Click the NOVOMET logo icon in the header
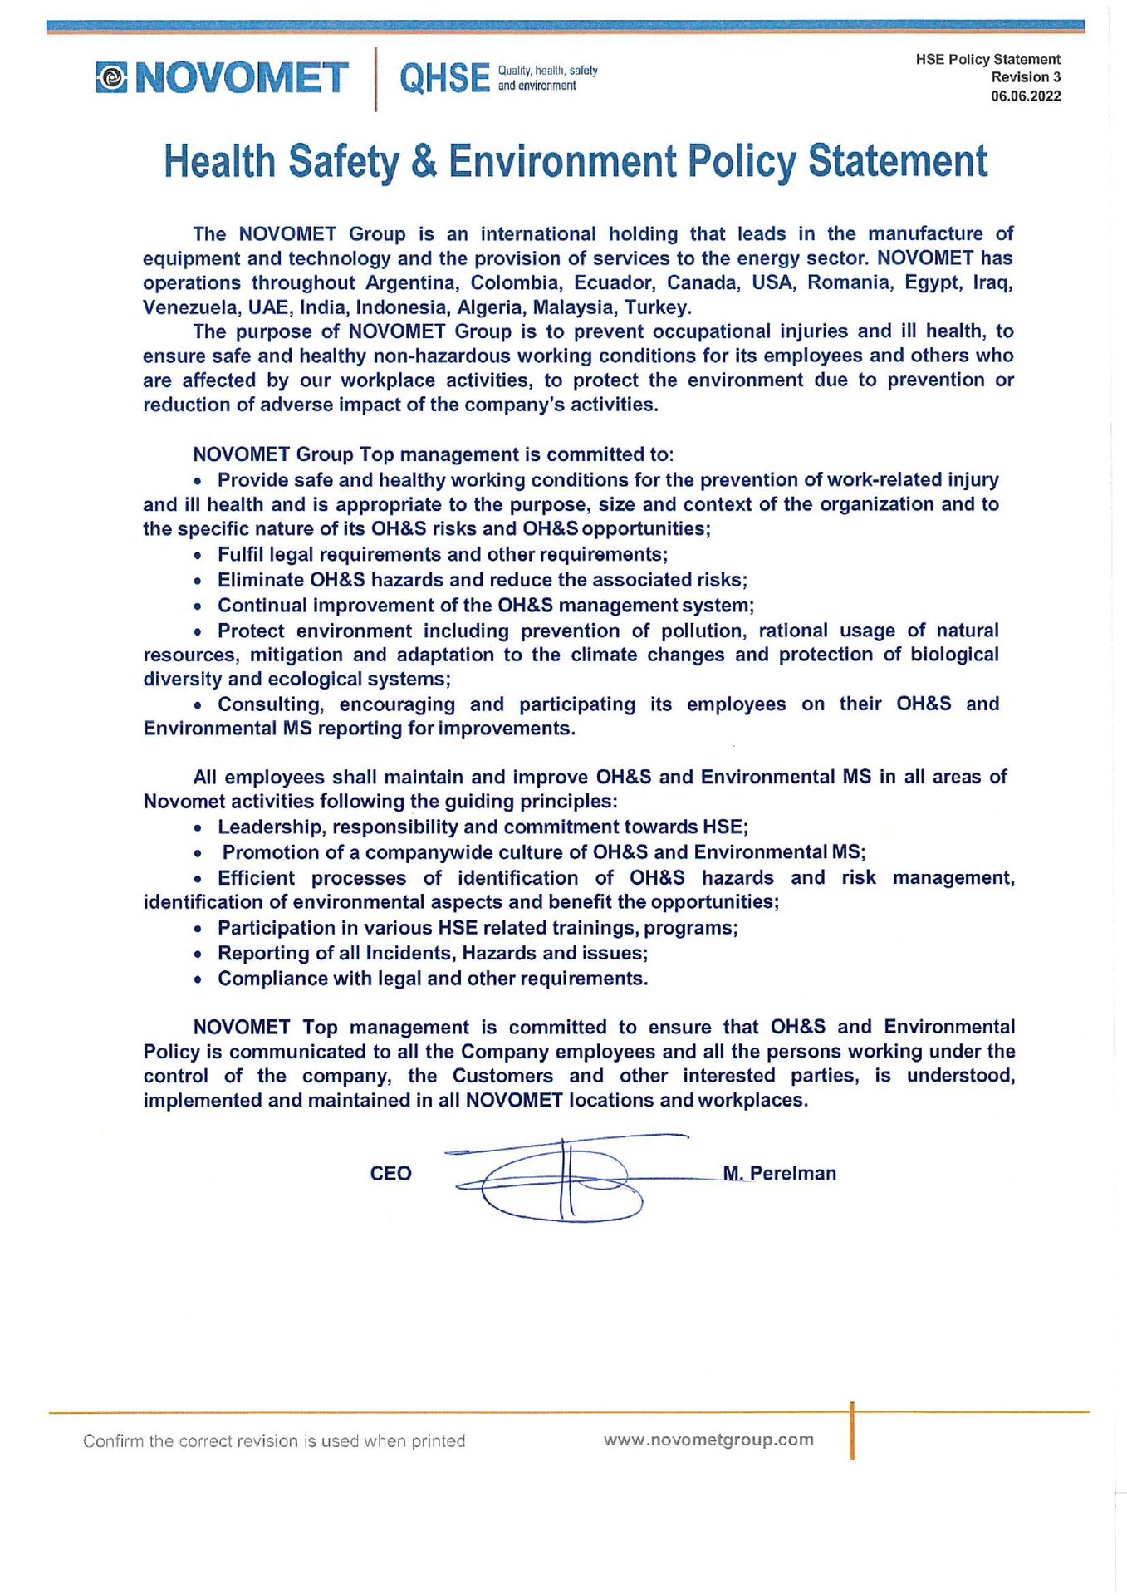coord(111,78)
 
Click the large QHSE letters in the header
coord(444,78)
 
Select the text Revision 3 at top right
coord(1026,77)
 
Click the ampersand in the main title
coord(424,161)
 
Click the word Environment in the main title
coord(563,161)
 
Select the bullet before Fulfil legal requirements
coord(198,556)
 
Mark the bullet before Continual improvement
coord(198,606)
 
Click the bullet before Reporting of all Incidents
coord(198,955)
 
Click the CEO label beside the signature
coord(390,1174)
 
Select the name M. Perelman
coord(780,1174)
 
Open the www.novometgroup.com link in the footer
coord(708,1440)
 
